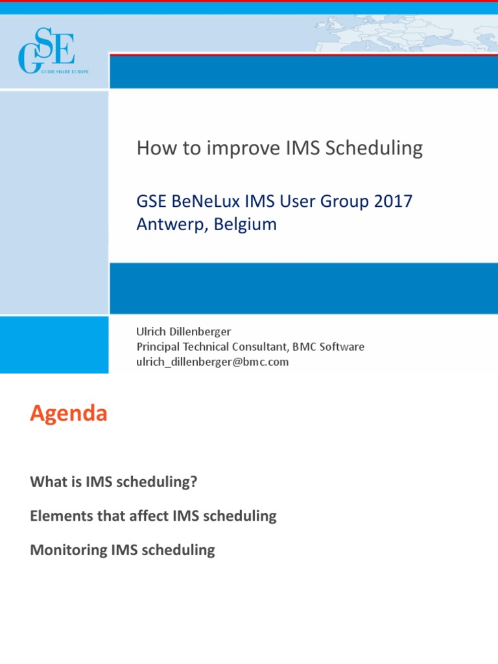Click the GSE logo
(47, 50)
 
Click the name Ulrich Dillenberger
(184, 331)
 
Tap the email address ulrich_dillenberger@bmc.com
(212, 362)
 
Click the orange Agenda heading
(68, 414)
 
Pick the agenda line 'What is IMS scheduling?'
(113, 482)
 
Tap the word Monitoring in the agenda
(68, 550)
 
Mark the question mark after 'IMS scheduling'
(193, 482)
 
